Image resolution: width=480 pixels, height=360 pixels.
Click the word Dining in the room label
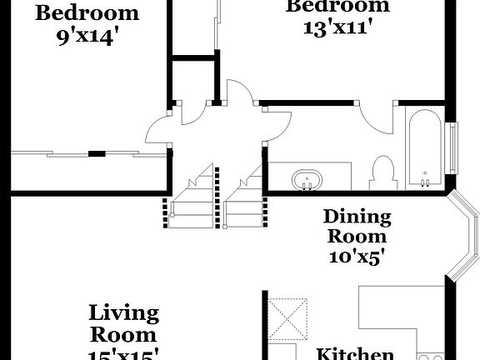357,217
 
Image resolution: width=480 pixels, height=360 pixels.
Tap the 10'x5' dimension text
357,257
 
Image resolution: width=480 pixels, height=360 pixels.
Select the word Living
124,313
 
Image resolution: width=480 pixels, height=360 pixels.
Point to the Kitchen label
355,353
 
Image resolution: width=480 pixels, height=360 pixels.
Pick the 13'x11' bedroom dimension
337,26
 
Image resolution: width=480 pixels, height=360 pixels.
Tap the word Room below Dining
357,237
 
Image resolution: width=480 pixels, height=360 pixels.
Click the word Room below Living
124,335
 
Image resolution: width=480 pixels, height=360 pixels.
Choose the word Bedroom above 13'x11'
337,6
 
